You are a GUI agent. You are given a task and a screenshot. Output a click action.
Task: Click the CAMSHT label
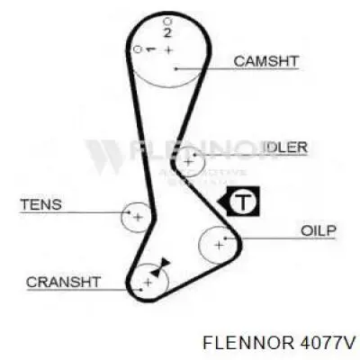tap(266, 61)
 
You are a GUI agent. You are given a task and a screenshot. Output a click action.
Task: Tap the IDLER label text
tap(285, 148)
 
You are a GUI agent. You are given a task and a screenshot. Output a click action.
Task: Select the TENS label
tap(40, 204)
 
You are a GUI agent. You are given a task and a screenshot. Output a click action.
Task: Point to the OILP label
tap(318, 230)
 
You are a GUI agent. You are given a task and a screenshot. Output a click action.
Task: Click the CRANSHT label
tap(63, 282)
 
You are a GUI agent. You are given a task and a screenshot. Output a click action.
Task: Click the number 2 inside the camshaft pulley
tap(167, 32)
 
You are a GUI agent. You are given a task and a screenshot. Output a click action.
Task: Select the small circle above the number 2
tap(167, 22)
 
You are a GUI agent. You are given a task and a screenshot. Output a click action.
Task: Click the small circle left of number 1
tap(138, 49)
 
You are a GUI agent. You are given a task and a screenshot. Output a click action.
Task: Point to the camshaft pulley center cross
tap(169, 50)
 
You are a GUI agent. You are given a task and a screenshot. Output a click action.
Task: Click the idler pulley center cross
tap(188, 162)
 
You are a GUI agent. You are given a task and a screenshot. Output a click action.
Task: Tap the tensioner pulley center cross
tap(138, 217)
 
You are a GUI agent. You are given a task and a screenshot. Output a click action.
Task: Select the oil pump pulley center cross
tap(220, 246)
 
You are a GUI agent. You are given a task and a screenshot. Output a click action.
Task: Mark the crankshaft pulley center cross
tap(148, 282)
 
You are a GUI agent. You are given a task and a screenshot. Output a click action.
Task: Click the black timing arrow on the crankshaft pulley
tap(160, 267)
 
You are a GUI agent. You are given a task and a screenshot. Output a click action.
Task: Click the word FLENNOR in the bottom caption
tap(247, 342)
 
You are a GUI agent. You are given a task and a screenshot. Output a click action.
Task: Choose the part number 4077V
tap(326, 342)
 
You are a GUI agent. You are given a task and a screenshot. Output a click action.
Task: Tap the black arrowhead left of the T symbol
tap(222, 201)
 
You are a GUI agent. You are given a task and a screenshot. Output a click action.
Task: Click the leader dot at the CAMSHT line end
tap(175, 69)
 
